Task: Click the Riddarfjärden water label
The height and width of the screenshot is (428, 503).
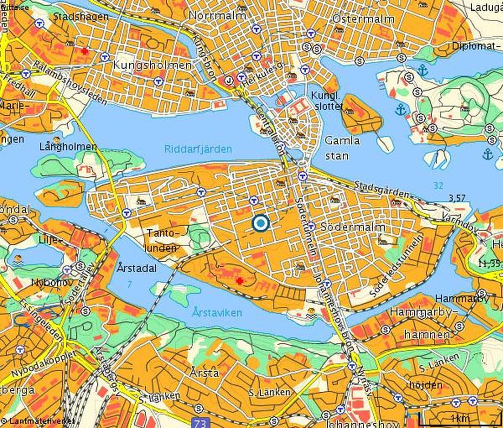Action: click(x=198, y=149)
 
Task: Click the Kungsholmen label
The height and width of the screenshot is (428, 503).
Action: click(x=152, y=65)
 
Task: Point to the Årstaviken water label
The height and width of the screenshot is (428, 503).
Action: click(x=216, y=313)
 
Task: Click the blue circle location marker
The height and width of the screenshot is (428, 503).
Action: click(x=261, y=223)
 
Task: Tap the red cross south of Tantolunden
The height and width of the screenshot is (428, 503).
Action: click(x=239, y=280)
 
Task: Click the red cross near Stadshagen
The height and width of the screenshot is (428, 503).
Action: click(x=84, y=51)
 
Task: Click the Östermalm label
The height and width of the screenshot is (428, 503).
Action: click(x=358, y=18)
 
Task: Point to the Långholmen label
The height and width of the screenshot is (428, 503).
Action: click(x=68, y=147)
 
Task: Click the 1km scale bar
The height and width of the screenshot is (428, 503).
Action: click(x=460, y=418)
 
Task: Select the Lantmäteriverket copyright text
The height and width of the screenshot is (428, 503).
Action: click(x=38, y=420)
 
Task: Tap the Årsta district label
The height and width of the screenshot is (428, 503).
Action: click(x=204, y=372)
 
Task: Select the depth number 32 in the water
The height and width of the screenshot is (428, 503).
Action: click(x=438, y=186)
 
